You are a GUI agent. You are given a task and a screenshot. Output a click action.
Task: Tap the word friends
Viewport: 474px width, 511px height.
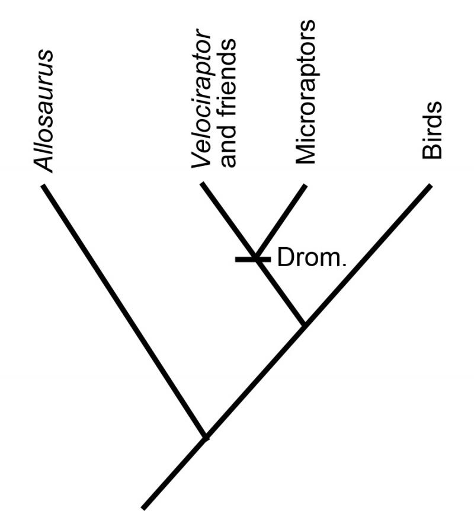pyautogui.click(x=228, y=77)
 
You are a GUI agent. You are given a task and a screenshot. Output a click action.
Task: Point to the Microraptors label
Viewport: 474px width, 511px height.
pyautogui.click(x=306, y=92)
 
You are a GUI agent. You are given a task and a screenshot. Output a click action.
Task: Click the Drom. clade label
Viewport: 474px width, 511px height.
pyautogui.click(x=311, y=259)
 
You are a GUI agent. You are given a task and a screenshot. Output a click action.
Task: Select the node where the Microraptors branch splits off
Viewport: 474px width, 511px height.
pyautogui.click(x=257, y=255)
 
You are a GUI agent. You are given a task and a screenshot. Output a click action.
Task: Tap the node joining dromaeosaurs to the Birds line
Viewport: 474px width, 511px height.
pyautogui.click(x=304, y=324)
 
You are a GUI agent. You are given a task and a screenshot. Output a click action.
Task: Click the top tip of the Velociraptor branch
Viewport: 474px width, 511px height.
pyautogui.click(x=203, y=184)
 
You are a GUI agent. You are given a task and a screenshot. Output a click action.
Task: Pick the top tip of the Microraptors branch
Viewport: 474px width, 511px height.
pyautogui.click(x=305, y=186)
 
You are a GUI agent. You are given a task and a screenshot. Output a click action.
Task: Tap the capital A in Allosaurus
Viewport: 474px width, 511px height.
pyautogui.click(x=43, y=164)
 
